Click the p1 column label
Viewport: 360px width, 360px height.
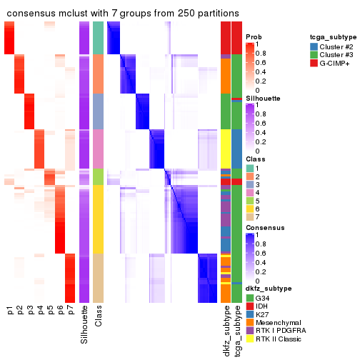coord(10,311)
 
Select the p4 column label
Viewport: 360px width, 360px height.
coord(40,311)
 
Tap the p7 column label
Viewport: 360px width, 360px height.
coord(70,311)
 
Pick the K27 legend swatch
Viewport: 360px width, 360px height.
coord(250,316)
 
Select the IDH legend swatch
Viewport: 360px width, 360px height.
coord(250,306)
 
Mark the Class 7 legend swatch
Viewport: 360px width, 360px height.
coord(250,218)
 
